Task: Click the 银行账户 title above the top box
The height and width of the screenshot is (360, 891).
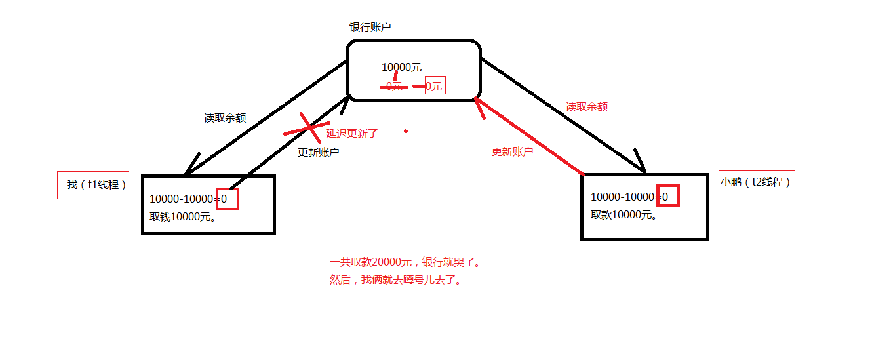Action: tap(370, 28)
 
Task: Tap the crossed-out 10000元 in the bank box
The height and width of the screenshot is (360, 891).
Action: tap(402, 67)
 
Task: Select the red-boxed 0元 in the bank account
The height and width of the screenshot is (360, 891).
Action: tap(435, 86)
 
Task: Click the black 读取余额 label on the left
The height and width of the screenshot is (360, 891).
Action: tap(225, 118)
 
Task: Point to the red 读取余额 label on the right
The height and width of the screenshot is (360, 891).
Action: tap(586, 106)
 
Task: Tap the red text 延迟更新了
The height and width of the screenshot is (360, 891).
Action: tap(352, 133)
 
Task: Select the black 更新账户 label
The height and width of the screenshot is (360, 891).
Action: tap(318, 152)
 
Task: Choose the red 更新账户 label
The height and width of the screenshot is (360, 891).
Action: tap(512, 151)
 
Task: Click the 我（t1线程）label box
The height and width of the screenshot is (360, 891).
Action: tap(92, 185)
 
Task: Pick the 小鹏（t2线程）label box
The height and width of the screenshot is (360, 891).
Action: tap(756, 182)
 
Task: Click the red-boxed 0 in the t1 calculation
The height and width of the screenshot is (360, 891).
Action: tap(226, 199)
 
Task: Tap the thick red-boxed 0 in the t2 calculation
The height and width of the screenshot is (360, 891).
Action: tap(667, 196)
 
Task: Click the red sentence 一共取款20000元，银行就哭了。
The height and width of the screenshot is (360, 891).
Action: tap(405, 262)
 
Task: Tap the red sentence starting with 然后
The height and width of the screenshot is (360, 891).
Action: tap(395, 280)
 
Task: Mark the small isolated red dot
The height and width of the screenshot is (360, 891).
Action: tap(405, 131)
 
